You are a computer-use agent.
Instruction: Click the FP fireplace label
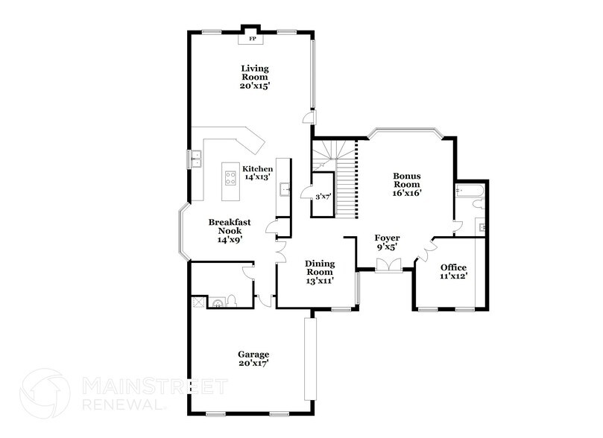click(252, 38)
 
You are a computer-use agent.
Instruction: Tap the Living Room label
click(254, 77)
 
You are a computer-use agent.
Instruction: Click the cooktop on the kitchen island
click(229, 177)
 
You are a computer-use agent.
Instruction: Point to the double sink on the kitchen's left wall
click(198, 158)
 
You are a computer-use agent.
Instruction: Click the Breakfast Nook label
click(229, 230)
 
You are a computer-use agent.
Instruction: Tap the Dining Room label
click(319, 272)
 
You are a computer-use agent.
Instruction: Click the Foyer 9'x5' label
click(385, 242)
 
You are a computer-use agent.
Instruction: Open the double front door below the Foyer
click(388, 264)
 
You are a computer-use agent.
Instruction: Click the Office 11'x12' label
click(453, 272)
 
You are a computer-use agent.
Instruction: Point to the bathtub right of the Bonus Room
click(470, 193)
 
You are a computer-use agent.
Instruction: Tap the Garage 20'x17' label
click(253, 358)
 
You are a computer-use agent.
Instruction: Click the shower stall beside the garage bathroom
click(198, 302)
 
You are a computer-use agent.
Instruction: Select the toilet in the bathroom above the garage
click(231, 300)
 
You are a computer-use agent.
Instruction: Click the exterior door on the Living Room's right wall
click(309, 118)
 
